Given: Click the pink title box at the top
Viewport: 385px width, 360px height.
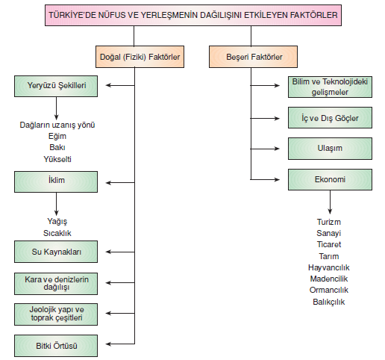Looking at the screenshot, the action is (193, 15).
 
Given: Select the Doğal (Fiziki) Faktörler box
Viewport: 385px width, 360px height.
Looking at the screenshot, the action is (140, 57).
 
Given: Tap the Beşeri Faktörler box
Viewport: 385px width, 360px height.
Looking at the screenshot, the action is (253, 57).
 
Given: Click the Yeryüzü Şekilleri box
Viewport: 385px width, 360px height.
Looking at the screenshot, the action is (56, 86).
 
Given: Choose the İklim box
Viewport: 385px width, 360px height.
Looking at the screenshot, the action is (56, 181).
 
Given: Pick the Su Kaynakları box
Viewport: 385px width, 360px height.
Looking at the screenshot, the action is (56, 252).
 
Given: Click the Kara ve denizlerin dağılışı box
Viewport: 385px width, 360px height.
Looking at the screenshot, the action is (56, 284).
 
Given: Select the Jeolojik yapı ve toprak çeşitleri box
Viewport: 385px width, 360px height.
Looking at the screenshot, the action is (56, 314).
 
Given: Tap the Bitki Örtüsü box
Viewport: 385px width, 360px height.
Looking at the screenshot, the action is (56, 346).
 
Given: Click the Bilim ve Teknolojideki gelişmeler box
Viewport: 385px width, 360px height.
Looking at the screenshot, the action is (330, 87).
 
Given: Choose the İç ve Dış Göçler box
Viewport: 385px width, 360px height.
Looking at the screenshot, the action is (330, 118).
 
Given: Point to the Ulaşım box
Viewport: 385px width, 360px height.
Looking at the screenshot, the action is (330, 149).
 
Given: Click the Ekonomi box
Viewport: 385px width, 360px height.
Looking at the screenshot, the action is (330, 179).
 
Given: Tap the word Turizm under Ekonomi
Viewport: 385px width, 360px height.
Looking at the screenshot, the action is (329, 222).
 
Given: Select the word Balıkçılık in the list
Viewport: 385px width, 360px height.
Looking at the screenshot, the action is (329, 302).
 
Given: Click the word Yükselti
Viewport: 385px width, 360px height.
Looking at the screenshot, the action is (57, 159).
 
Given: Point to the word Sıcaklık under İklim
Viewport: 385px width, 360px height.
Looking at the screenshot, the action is (57, 233).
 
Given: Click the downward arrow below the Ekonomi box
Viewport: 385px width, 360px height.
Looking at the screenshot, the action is (330, 202).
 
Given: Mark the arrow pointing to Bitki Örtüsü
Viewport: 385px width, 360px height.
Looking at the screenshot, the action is (120, 344).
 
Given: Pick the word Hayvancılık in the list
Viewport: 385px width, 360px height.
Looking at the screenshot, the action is (329, 267).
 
